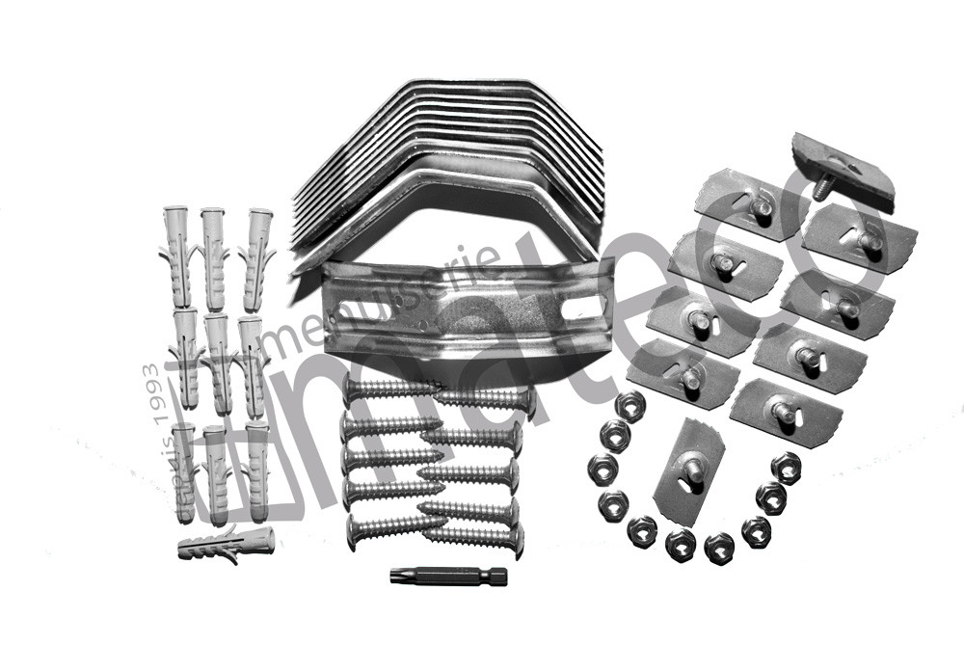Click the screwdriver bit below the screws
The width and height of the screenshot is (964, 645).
(x=448, y=577)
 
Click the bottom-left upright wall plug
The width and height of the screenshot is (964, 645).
(x=182, y=472)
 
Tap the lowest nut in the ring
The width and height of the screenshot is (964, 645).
(x=718, y=548)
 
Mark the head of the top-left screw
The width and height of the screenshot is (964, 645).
(x=352, y=390)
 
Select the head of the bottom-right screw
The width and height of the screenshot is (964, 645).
(x=518, y=541)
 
